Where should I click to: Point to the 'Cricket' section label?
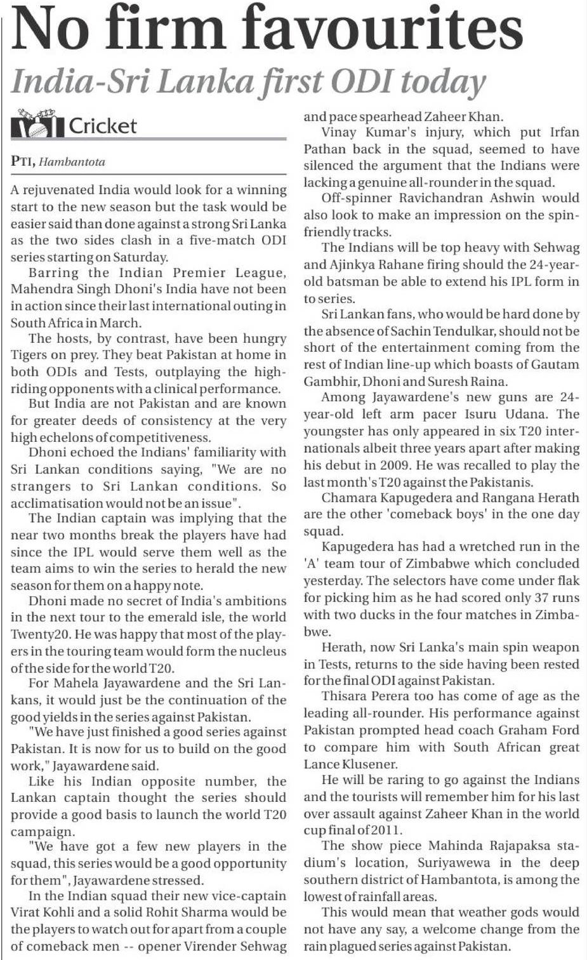click(x=102, y=126)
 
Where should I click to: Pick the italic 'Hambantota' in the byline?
click(x=72, y=162)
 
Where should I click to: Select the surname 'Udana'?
click(x=559, y=414)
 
